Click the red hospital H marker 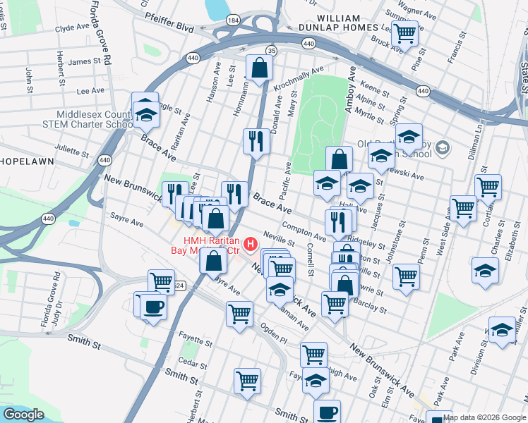pyautogui.click(x=249, y=245)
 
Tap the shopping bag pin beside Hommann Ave pyautogui.click(x=259, y=68)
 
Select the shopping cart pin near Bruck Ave pyautogui.click(x=405, y=32)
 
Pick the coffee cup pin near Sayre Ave pyautogui.click(x=152, y=307)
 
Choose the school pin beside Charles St pyautogui.click(x=485, y=272)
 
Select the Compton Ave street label pyautogui.click(x=304, y=230)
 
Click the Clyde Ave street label pyautogui.click(x=73, y=28)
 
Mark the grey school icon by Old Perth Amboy pyautogui.click(x=442, y=147)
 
